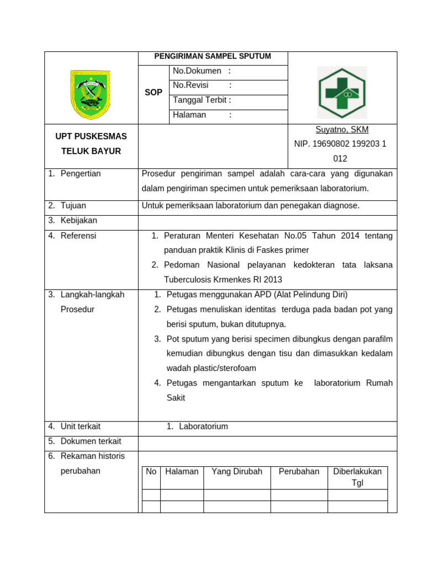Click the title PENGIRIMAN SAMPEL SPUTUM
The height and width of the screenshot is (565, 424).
(x=213, y=56)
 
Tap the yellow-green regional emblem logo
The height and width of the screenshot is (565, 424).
(x=90, y=94)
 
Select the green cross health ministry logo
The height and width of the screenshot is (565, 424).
(x=342, y=93)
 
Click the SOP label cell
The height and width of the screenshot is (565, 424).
(x=153, y=93)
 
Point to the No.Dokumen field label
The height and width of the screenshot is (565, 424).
(x=197, y=71)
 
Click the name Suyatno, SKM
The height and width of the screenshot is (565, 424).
(x=342, y=130)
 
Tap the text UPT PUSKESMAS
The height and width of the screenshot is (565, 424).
(x=91, y=136)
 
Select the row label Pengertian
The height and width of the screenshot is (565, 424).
(x=81, y=173)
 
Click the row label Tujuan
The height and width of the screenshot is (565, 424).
(x=73, y=205)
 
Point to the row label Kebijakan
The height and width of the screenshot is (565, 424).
(x=79, y=220)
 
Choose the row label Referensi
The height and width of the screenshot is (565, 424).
(x=78, y=236)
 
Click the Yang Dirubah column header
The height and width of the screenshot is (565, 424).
(x=237, y=472)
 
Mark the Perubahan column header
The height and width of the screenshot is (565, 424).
(x=299, y=472)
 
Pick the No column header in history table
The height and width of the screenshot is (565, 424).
(x=151, y=472)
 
